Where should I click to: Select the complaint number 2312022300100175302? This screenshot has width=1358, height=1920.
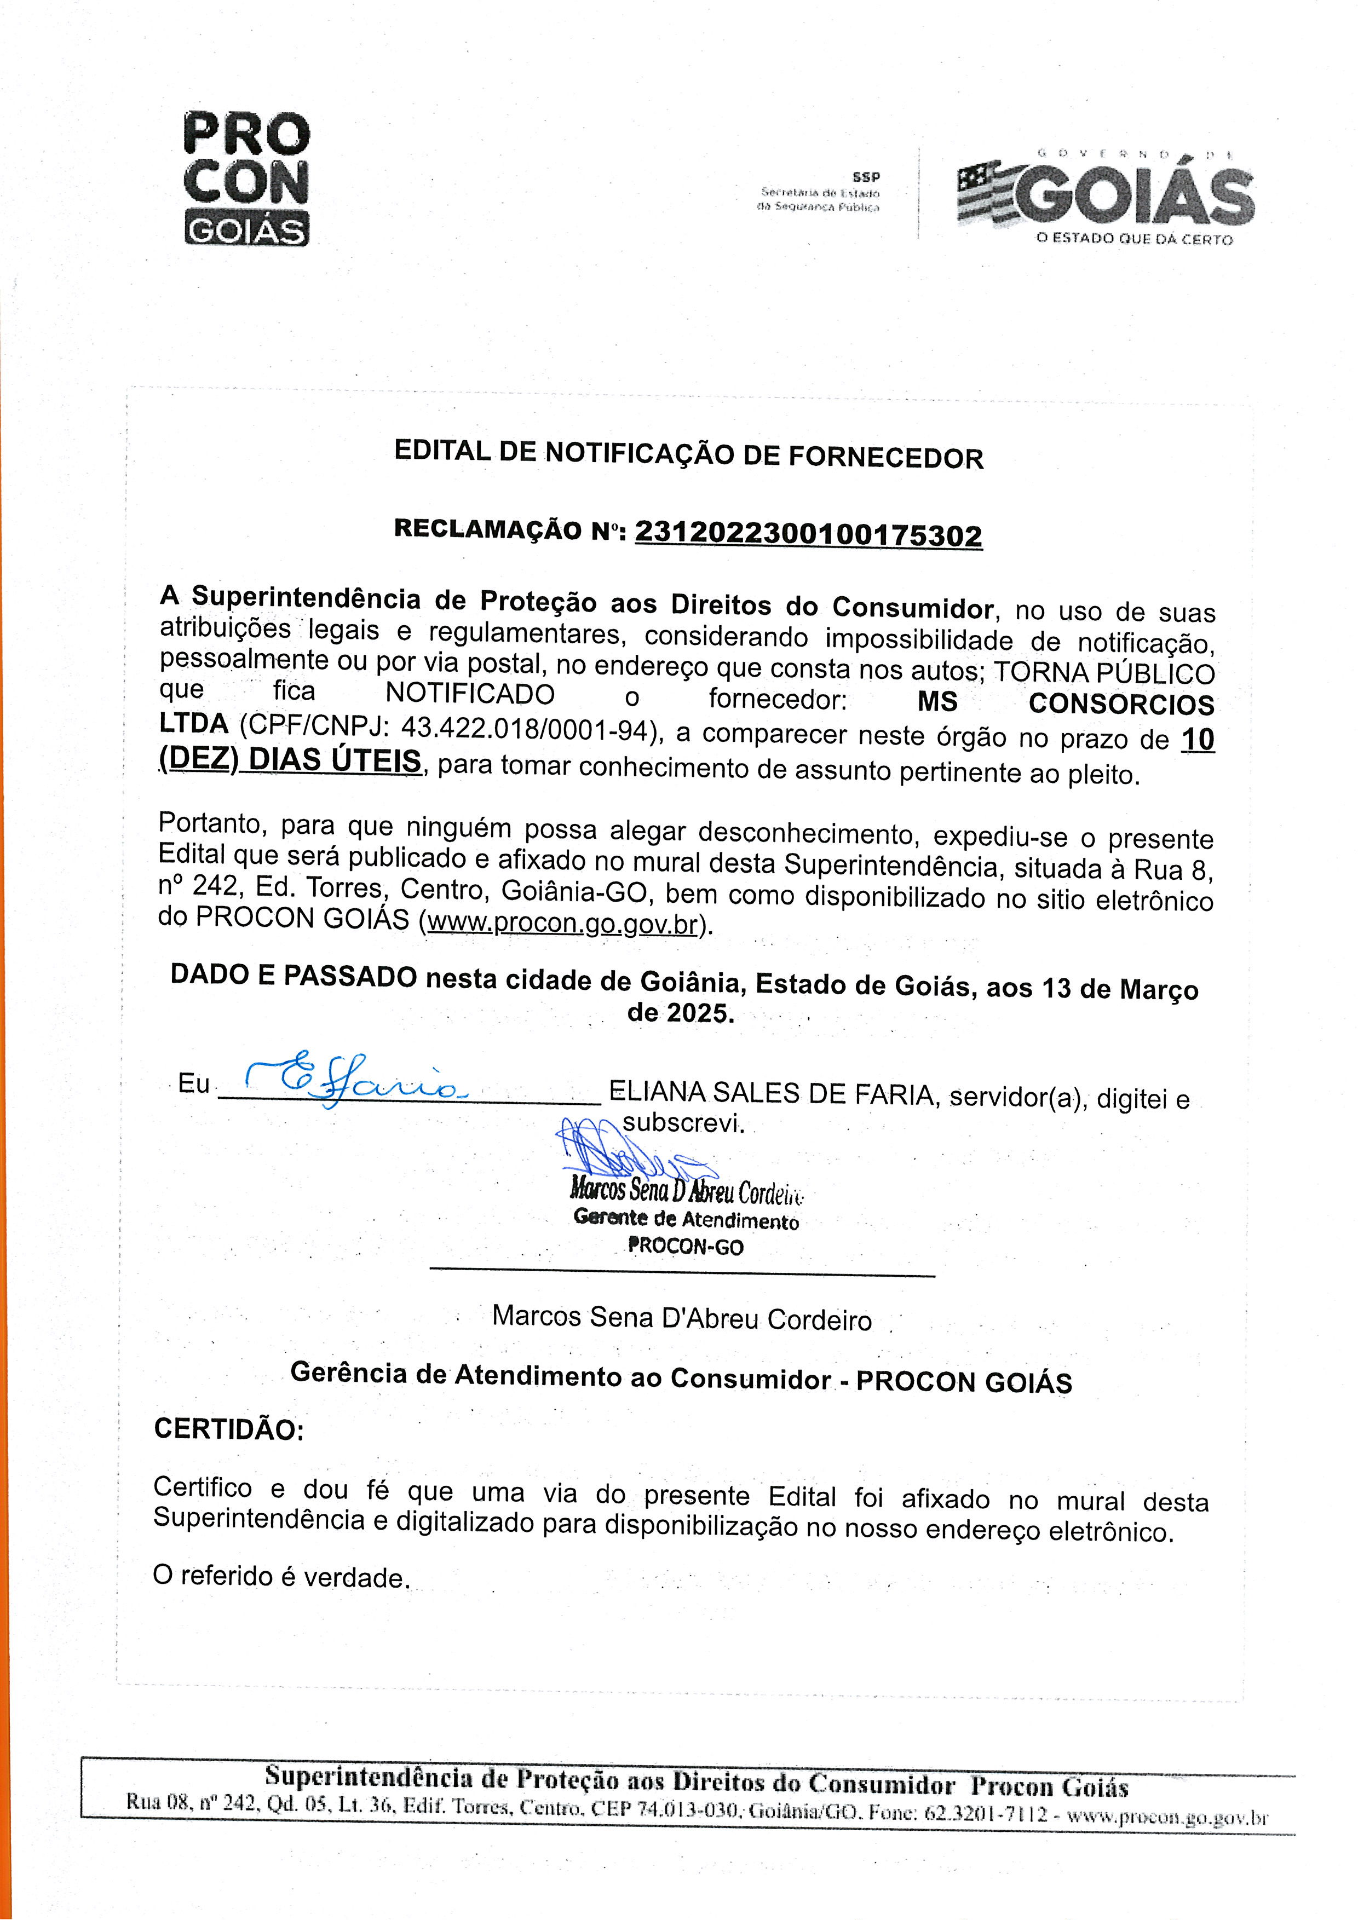pos(809,534)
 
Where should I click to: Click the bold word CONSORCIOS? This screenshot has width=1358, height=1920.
pos(1120,704)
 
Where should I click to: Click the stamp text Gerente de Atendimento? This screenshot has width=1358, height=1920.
pos(686,1220)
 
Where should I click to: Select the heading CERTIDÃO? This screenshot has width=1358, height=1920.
pos(228,1429)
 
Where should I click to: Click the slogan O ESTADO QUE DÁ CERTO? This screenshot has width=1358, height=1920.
pos(1134,239)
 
